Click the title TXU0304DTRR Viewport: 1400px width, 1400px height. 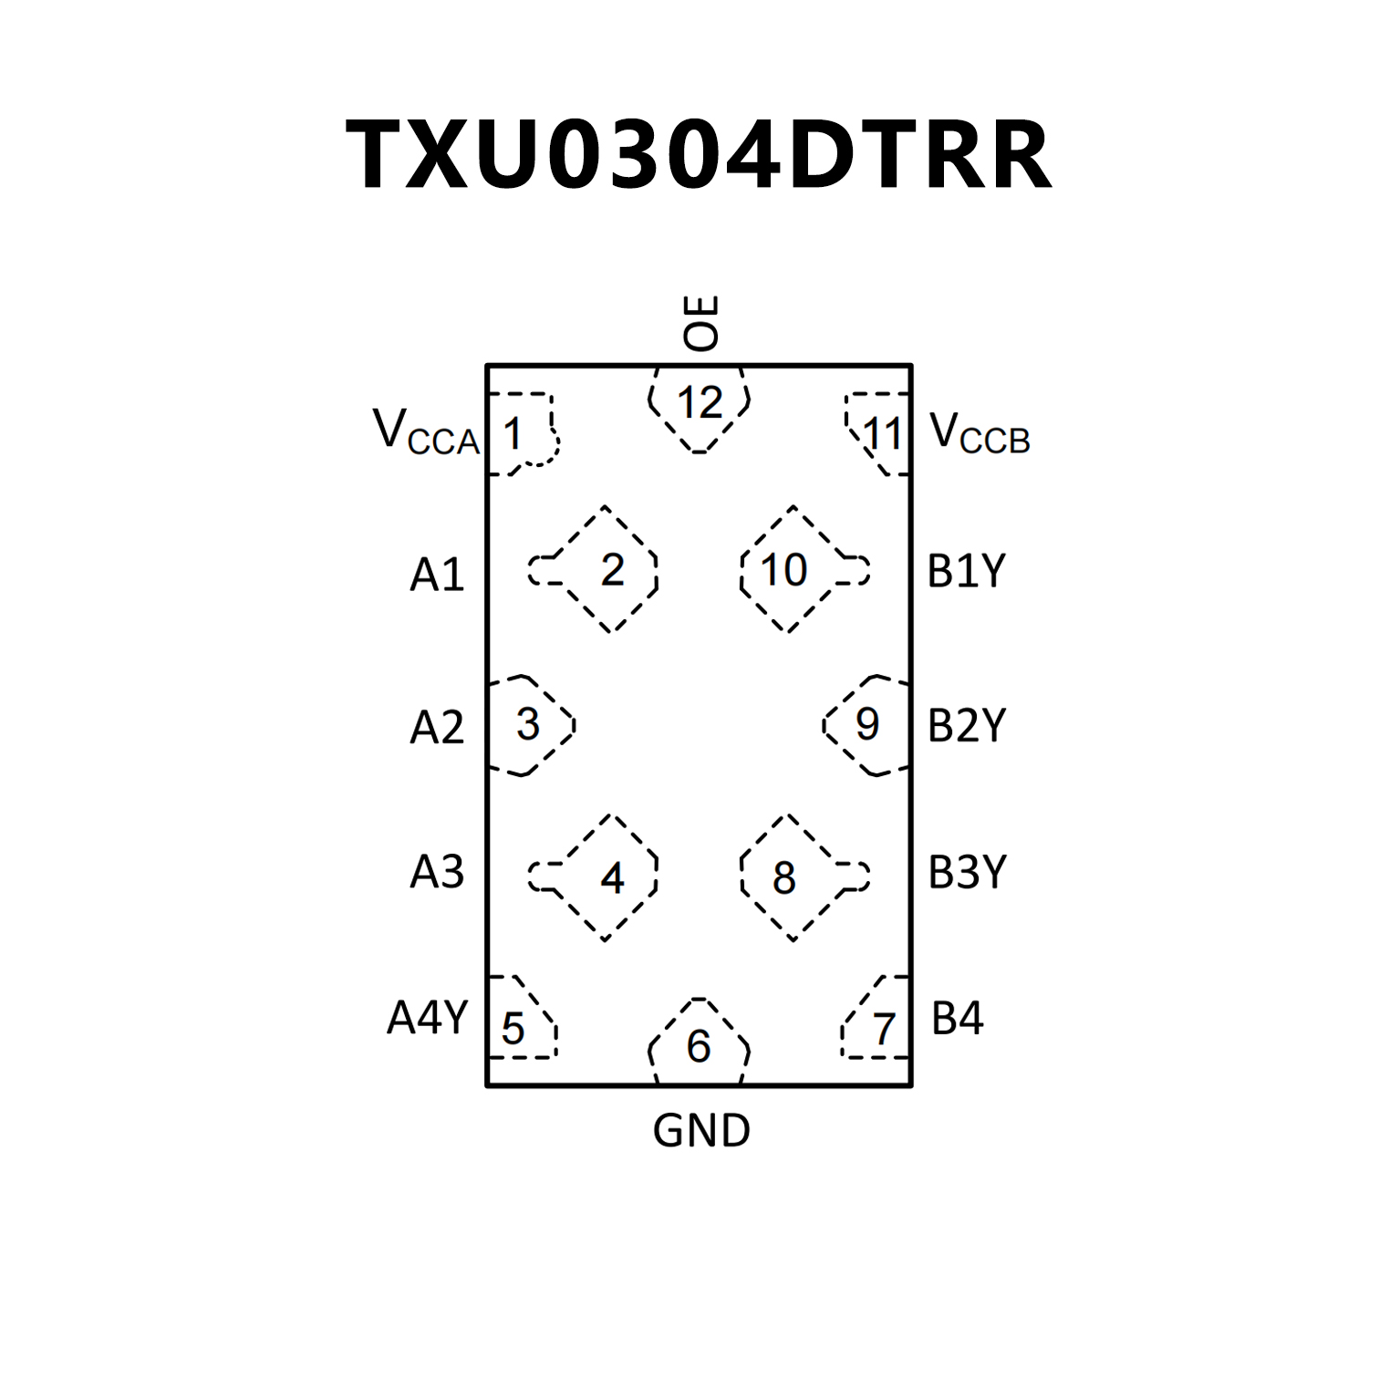[x=699, y=155]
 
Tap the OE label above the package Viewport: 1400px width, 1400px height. [x=700, y=323]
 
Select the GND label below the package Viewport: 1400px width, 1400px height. [x=700, y=1131]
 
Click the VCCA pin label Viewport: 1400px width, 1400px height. [x=426, y=432]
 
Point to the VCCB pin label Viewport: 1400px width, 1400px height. [x=980, y=432]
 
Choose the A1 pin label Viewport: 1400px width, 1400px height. [x=437, y=575]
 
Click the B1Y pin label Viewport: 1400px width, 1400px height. [x=966, y=572]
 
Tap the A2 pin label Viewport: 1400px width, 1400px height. [x=437, y=727]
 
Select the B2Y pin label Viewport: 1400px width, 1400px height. [x=966, y=726]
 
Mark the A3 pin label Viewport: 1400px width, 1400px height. [x=437, y=872]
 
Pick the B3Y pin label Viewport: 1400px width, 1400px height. [x=967, y=872]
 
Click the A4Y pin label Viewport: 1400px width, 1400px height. [x=427, y=1017]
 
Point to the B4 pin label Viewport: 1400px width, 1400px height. [x=957, y=1018]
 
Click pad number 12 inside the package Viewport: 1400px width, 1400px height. [x=700, y=403]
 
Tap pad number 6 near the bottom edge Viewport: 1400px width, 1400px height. [x=699, y=1046]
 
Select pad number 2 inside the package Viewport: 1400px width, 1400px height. [x=612, y=570]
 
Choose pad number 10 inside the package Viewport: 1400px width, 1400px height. [x=783, y=570]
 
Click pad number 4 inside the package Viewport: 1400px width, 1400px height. [x=612, y=878]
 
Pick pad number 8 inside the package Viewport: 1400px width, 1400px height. [x=783, y=878]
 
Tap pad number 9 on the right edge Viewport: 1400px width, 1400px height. [x=866, y=724]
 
